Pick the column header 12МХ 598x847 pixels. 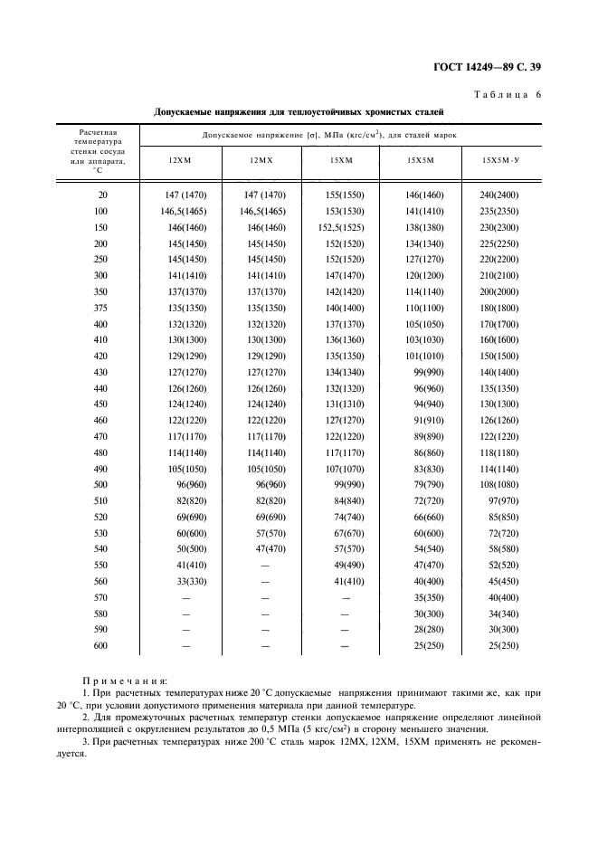click(262, 160)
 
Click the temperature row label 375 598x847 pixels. click(100, 309)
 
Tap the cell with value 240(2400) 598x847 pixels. click(499, 195)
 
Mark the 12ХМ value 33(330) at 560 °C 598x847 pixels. click(191, 582)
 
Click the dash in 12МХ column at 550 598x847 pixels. click(265, 566)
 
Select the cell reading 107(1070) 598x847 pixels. click(345, 469)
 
